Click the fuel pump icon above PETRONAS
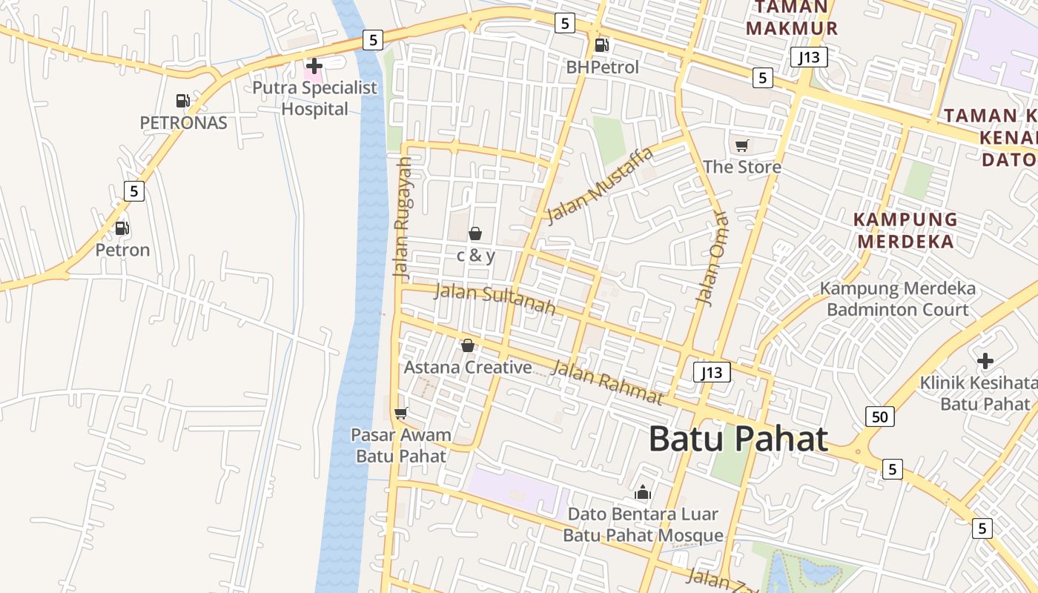[182, 101]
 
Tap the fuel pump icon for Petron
[122, 228]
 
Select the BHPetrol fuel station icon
[601, 45]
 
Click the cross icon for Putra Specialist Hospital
[314, 66]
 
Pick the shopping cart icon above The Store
[741, 145]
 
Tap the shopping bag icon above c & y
[475, 234]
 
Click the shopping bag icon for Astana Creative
[468, 345]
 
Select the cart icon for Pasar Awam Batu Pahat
[401, 413]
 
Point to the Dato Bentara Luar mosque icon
[642, 492]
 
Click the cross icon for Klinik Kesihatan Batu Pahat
[985, 361]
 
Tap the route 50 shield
[879, 417]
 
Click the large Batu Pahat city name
[738, 439]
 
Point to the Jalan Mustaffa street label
[600, 185]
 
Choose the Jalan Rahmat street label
[607, 382]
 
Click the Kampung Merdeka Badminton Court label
[897, 299]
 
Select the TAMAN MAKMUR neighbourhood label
[791, 19]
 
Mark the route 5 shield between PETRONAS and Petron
[133, 191]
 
